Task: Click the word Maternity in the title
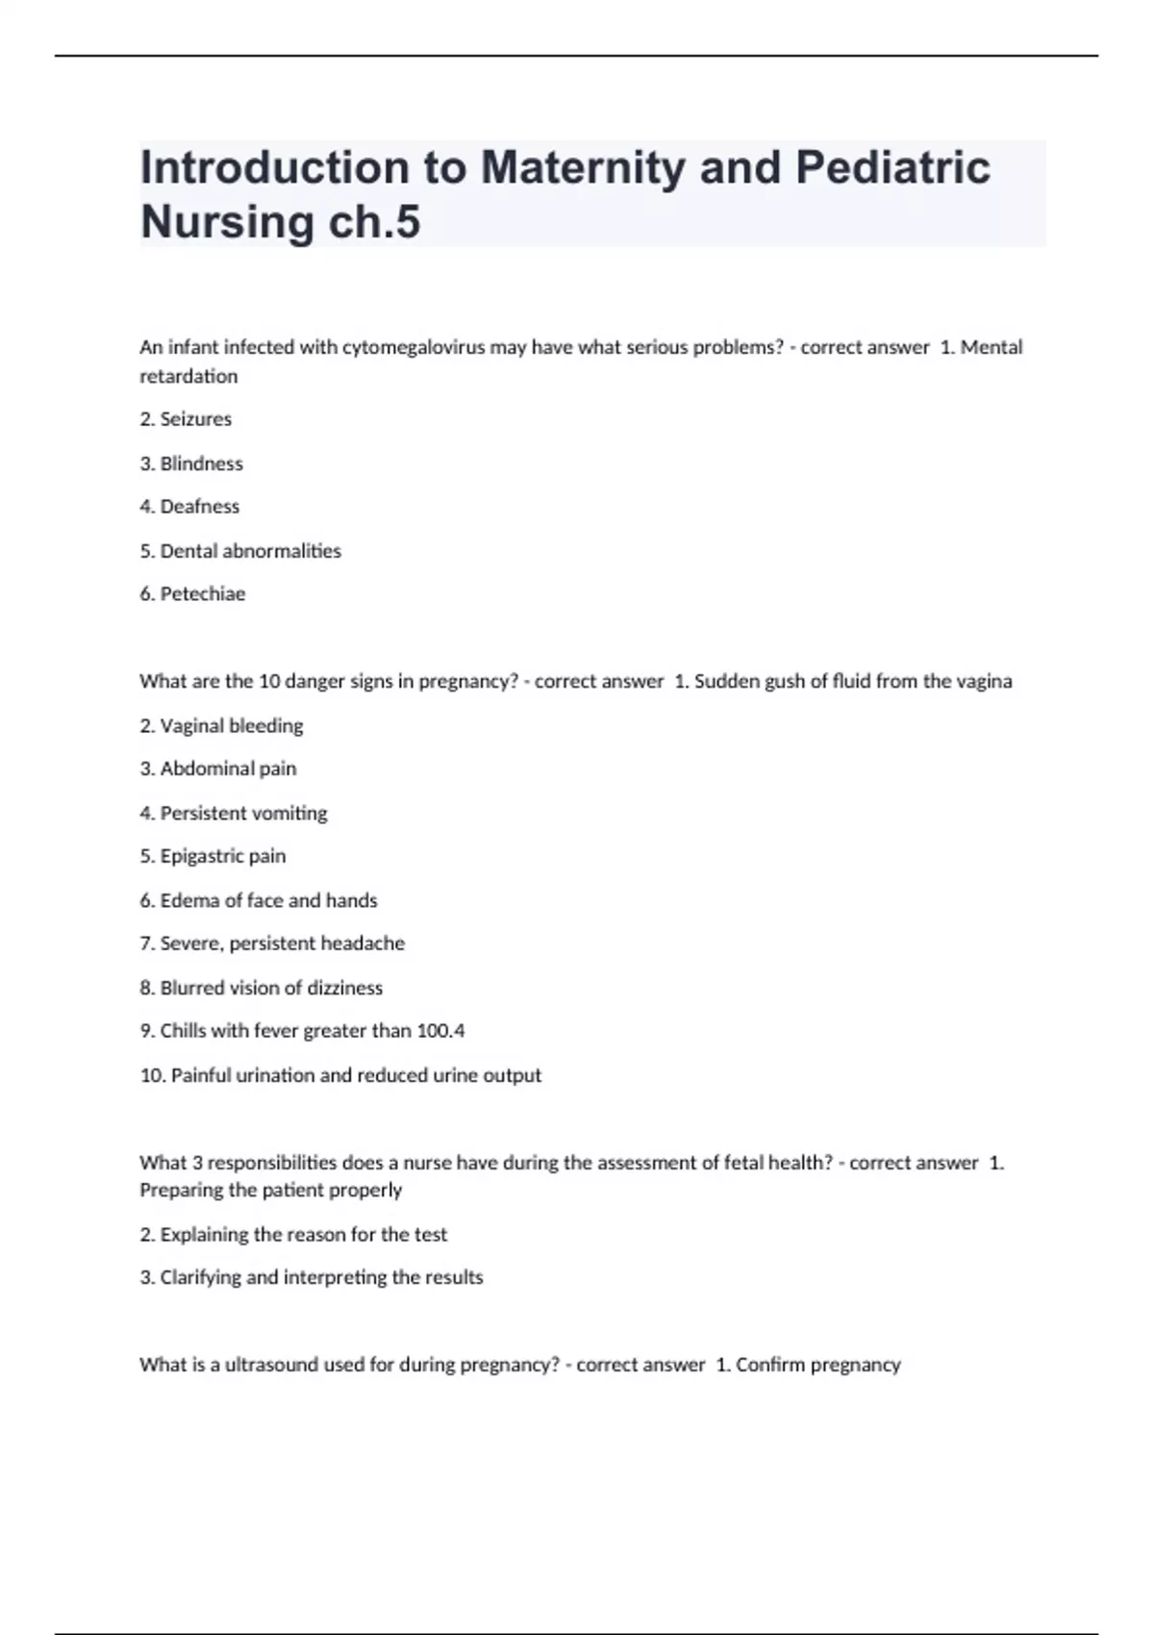tap(582, 168)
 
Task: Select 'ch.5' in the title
tap(374, 222)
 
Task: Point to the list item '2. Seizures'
tap(186, 419)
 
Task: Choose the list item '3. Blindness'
tap(191, 464)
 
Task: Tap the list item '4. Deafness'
tap(189, 507)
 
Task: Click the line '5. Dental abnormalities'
tap(240, 551)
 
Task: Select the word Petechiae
tap(203, 594)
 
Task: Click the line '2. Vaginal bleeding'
tap(221, 726)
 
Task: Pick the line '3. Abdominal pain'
tap(218, 769)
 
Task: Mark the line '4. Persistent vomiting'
tap(234, 814)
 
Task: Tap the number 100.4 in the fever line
tap(440, 1031)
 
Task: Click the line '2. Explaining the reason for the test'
tap(293, 1235)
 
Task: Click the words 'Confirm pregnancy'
tap(818, 1365)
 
